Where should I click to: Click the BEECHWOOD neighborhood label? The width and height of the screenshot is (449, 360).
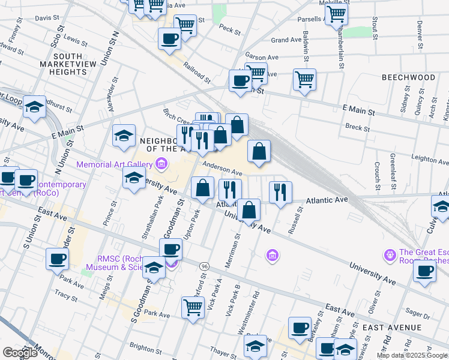click(x=408, y=78)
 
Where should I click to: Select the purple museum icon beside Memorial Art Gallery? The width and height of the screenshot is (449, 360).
click(x=160, y=163)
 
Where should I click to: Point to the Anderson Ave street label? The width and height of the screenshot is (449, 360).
click(x=221, y=169)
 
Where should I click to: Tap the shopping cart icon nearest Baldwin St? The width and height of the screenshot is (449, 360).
click(x=304, y=78)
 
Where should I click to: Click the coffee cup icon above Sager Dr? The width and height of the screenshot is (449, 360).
click(x=424, y=270)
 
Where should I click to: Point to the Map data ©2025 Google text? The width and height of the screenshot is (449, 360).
click(x=412, y=355)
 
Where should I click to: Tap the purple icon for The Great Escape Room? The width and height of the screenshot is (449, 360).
click(x=390, y=254)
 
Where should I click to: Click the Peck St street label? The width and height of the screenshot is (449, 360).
click(x=229, y=28)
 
